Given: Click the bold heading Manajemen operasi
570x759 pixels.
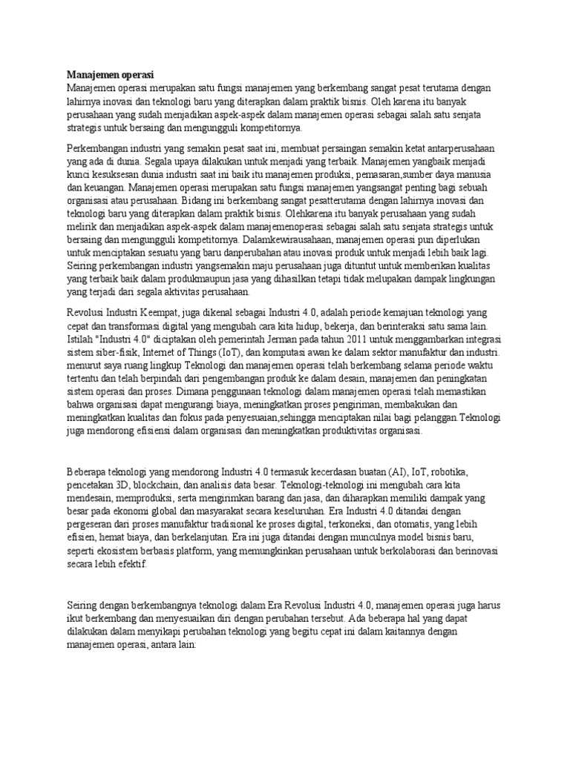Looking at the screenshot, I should (110, 76).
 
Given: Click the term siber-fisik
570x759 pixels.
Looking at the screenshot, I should (115, 351).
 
